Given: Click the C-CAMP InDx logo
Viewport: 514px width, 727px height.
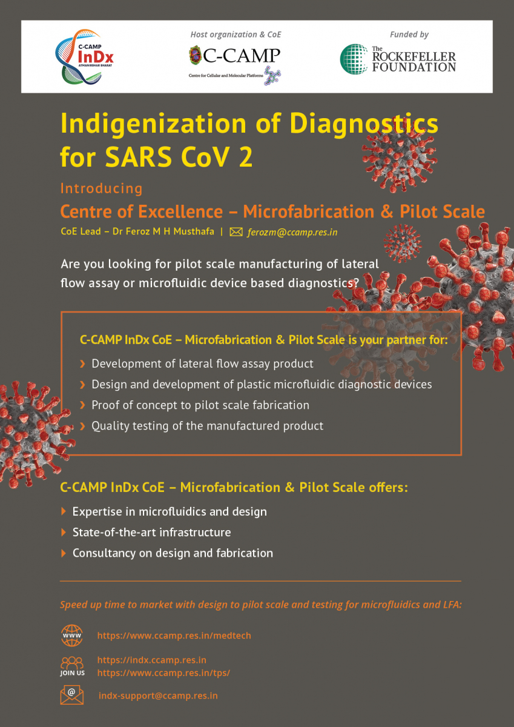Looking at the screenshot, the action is (84, 57).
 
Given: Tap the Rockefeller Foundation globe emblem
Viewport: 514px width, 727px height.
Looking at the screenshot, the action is (354, 59).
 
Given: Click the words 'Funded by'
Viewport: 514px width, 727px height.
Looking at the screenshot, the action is (409, 35).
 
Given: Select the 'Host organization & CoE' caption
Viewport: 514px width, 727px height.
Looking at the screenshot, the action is (236, 35).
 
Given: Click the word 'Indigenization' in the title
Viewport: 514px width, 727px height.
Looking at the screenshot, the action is (153, 124).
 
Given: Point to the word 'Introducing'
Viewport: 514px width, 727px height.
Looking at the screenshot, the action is (102, 188).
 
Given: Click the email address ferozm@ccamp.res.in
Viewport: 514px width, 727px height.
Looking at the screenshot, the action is (292, 232).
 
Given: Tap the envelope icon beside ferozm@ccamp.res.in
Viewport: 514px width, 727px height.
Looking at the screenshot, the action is (236, 232).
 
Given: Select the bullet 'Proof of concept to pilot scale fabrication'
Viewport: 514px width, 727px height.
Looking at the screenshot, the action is (200, 405).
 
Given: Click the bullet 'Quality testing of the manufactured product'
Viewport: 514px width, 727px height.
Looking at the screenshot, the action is (208, 426).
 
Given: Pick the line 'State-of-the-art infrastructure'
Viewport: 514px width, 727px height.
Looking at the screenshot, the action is (152, 533).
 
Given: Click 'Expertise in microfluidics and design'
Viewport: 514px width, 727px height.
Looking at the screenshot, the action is (170, 512).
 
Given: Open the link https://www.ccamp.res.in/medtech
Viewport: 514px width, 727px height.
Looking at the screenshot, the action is (174, 635).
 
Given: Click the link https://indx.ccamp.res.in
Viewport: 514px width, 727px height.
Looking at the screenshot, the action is (152, 660).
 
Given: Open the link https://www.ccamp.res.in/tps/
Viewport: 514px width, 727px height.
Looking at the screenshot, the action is (164, 673).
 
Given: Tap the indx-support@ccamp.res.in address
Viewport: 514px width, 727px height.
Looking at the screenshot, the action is (158, 696).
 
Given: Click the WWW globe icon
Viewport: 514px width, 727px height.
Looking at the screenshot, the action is (72, 636).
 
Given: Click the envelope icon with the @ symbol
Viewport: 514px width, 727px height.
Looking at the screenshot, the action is (71, 695).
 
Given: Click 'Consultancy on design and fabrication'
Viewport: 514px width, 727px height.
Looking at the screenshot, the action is (173, 553).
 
